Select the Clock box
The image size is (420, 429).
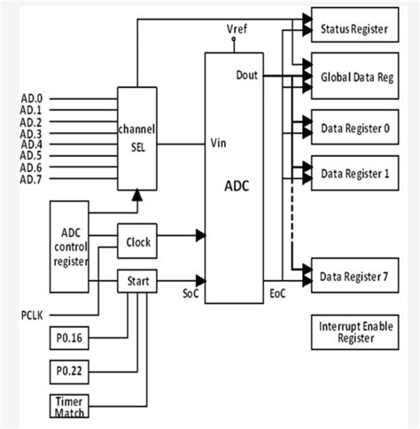137,240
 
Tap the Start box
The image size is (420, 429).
137,283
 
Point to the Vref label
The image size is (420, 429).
237,29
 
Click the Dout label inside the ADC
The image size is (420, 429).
246,75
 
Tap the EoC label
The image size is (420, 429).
275,292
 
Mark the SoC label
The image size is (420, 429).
191,292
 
